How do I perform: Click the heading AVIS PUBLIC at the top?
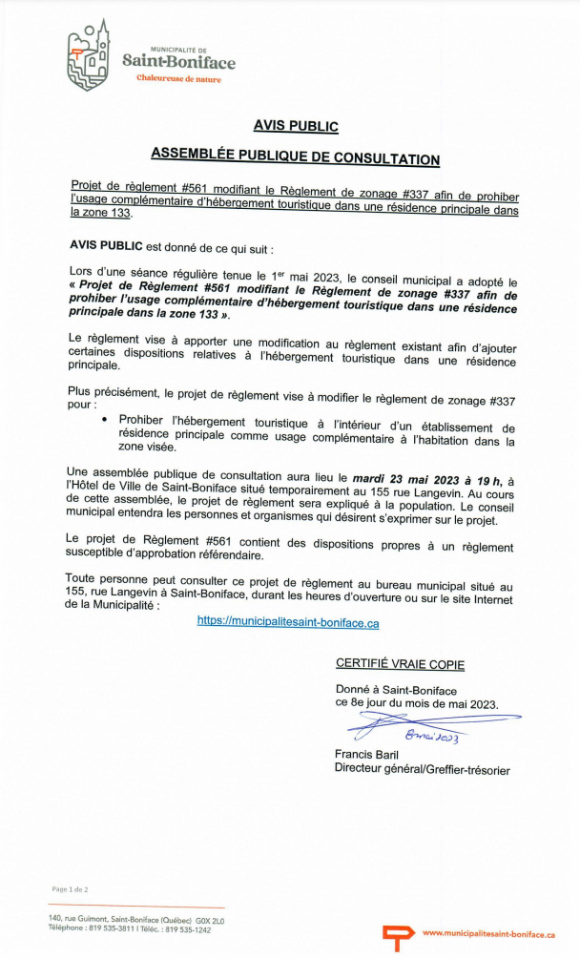[296, 125]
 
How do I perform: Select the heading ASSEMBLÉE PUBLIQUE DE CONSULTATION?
[296, 158]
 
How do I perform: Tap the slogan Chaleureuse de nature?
[178, 79]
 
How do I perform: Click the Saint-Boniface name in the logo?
[178, 63]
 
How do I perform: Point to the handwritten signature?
[429, 728]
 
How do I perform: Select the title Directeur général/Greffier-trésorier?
[422, 769]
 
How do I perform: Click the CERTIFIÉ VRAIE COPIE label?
[400, 664]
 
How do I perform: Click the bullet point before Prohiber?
[104, 419]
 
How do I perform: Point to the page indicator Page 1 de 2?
[71, 888]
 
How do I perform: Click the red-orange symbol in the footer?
[392, 935]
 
